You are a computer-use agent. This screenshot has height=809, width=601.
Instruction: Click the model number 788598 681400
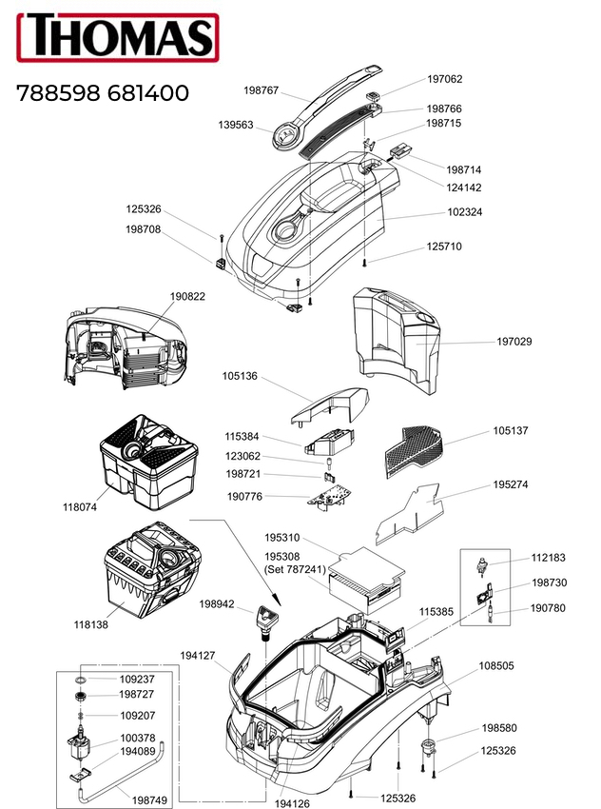click(102, 93)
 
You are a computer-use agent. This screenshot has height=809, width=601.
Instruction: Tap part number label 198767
click(261, 90)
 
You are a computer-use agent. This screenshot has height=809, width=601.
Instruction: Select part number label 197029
click(514, 341)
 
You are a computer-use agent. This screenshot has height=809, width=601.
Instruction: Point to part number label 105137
click(510, 431)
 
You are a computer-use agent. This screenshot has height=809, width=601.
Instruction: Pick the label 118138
click(92, 625)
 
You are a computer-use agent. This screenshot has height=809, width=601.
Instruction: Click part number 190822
click(187, 296)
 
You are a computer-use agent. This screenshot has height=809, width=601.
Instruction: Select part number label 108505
click(496, 665)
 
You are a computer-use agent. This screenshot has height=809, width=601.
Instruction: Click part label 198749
click(149, 800)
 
